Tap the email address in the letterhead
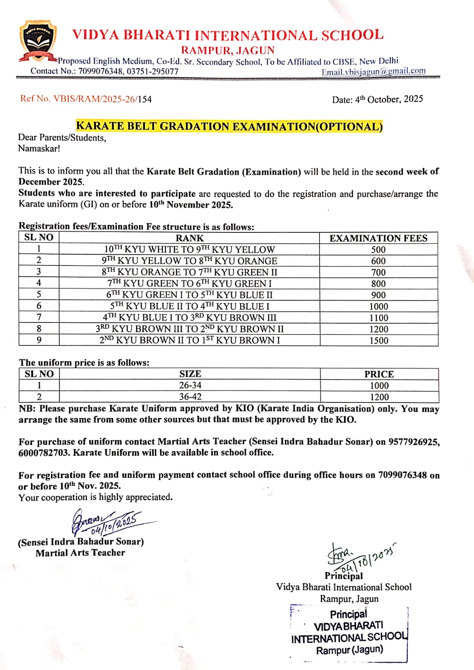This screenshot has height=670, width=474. pos(373,72)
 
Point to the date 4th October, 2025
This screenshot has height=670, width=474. pos(377,99)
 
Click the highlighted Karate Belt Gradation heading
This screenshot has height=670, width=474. pos(229,126)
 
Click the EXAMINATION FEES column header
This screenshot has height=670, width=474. pos(379,238)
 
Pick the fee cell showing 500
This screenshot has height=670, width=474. pos(379,250)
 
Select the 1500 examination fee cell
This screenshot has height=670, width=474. pos(379,340)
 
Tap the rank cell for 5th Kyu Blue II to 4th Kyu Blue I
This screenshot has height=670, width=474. pos(190,306)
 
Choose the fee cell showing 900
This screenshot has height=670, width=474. pos(379,295)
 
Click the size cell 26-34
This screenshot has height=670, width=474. pos(190,385)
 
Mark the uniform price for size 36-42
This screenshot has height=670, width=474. pos(379,397)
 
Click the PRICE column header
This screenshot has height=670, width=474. pos(379,374)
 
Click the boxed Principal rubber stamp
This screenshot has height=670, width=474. pos(349,632)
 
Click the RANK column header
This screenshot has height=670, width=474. pos(189,238)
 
